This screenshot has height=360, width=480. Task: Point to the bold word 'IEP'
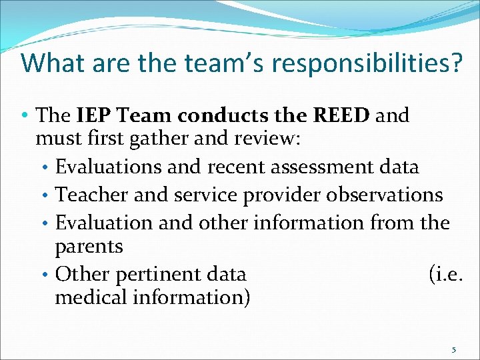(91, 115)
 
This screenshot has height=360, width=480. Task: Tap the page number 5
(454, 349)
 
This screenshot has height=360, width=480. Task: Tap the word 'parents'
(89, 247)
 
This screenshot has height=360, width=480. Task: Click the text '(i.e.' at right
(445, 274)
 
